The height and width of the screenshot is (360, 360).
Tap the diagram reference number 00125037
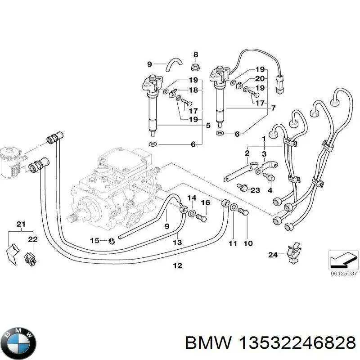coord(344,273)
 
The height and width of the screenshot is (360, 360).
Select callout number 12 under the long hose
coord(178,265)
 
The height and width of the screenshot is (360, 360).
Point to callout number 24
coord(273,255)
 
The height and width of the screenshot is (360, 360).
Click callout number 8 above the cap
coord(195,55)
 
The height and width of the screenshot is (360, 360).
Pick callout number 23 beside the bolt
coord(255,190)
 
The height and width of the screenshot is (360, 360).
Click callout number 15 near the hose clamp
coord(94,241)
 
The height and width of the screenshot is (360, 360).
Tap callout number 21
coord(21,224)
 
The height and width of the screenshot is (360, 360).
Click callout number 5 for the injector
coord(208,126)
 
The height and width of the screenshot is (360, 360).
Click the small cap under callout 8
coord(195,68)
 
